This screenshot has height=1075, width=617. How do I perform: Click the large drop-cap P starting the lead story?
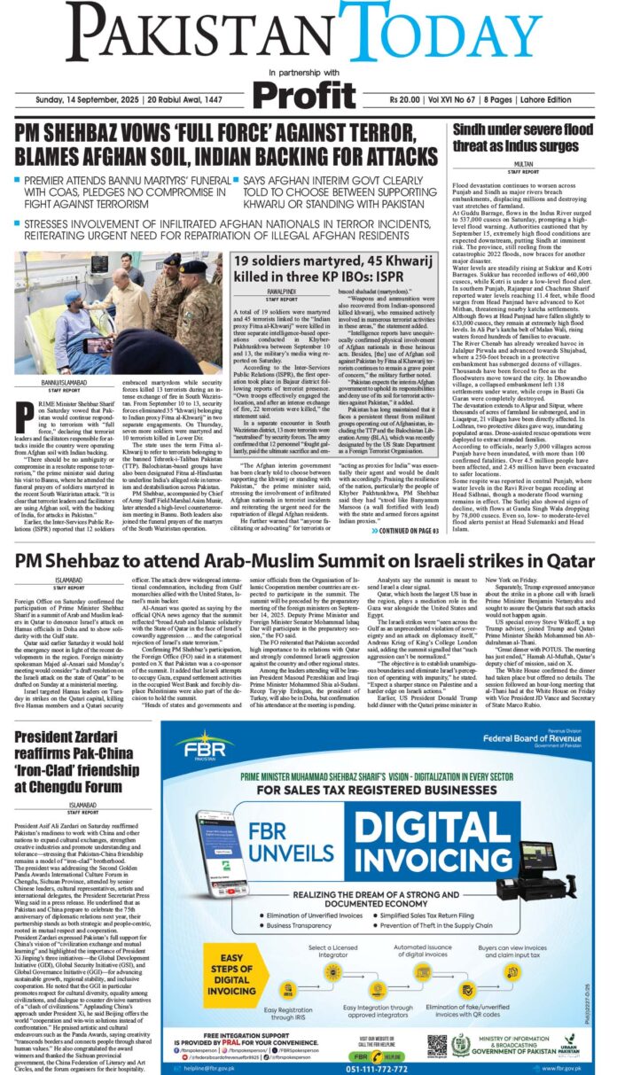tap(25, 413)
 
